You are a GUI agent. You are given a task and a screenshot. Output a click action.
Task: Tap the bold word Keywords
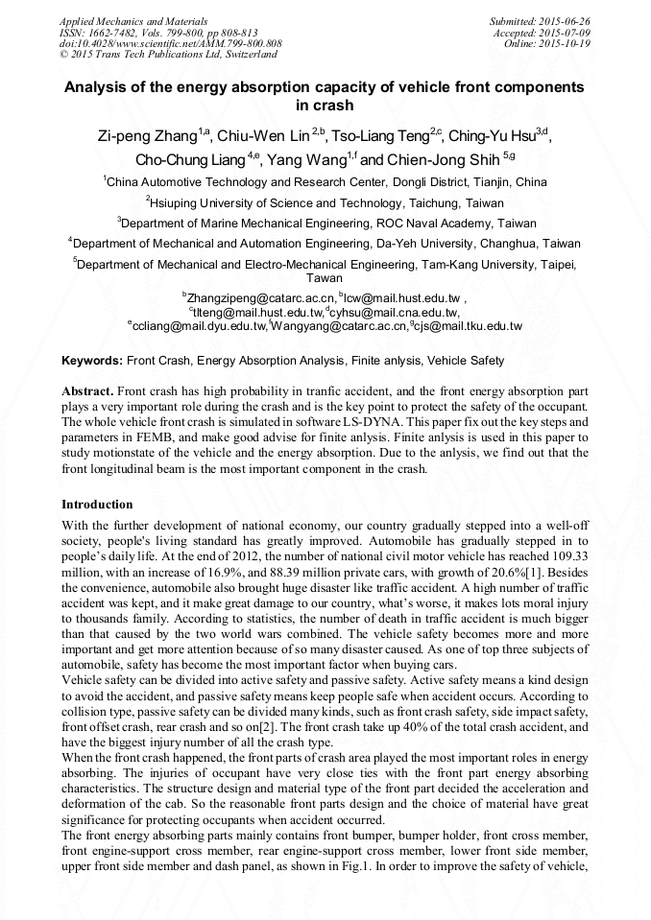click(x=92, y=361)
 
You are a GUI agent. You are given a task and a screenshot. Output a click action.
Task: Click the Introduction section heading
click(x=97, y=504)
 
